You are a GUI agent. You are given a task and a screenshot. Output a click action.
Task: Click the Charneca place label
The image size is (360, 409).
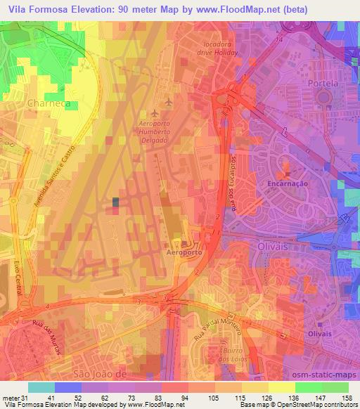coord(48,103)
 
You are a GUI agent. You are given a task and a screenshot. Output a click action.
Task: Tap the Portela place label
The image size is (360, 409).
coord(323,83)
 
